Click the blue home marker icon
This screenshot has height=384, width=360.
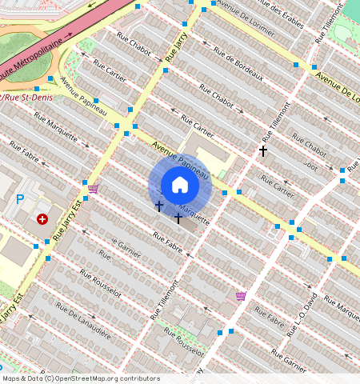tap(180, 186)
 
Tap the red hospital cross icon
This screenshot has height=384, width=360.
tap(42, 218)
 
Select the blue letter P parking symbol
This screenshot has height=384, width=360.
tap(20, 199)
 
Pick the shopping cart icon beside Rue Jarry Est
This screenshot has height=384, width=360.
tap(94, 189)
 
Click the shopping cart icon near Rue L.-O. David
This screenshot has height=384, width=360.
tap(240, 295)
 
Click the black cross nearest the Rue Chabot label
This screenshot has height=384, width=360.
tap(262, 150)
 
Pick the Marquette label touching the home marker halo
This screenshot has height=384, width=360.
tap(194, 213)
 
